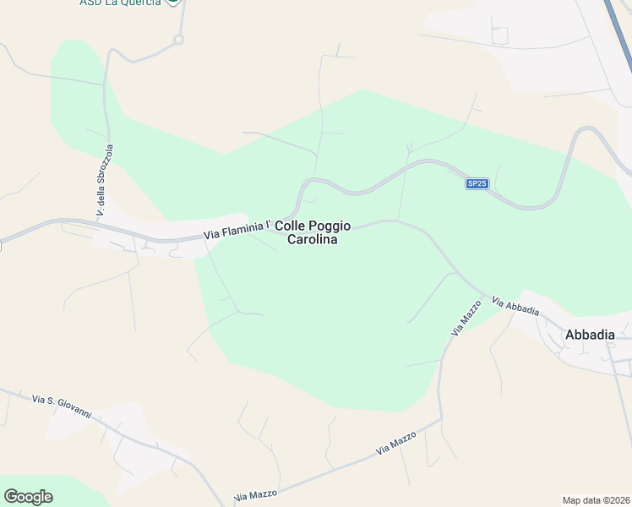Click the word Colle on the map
click(291, 226)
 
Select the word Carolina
click(312, 240)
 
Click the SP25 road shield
click(477, 183)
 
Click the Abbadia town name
click(590, 335)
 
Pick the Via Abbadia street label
click(515, 306)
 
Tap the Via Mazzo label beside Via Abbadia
click(466, 319)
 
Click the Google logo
click(28, 496)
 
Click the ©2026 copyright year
click(617, 499)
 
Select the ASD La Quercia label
click(120, 3)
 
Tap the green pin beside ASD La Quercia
click(172, 2)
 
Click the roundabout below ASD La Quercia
click(178, 39)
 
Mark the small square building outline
click(499, 35)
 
